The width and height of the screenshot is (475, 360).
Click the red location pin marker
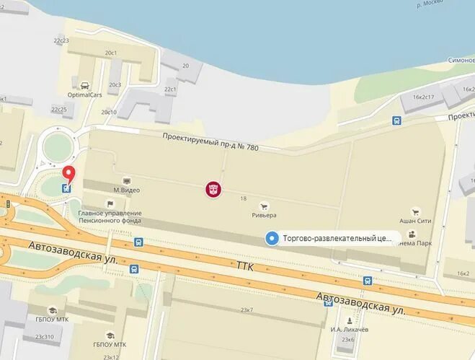click(69, 173)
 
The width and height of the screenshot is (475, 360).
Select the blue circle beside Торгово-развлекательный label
click(272, 238)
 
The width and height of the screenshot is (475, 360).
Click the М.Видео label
click(126, 190)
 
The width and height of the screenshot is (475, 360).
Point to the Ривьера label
click(263, 214)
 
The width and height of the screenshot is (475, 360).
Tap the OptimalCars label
click(85, 95)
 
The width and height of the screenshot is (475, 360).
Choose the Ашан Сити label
click(414, 221)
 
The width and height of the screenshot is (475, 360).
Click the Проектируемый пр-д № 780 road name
click(209, 144)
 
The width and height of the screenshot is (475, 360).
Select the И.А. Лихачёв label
click(350, 329)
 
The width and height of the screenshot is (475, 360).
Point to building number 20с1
click(111, 53)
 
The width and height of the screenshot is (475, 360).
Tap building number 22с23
click(61, 40)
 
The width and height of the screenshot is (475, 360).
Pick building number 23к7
click(247, 309)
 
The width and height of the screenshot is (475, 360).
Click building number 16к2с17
click(424, 97)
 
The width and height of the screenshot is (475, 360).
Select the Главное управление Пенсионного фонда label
click(110, 217)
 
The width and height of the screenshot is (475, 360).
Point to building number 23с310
click(43, 337)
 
